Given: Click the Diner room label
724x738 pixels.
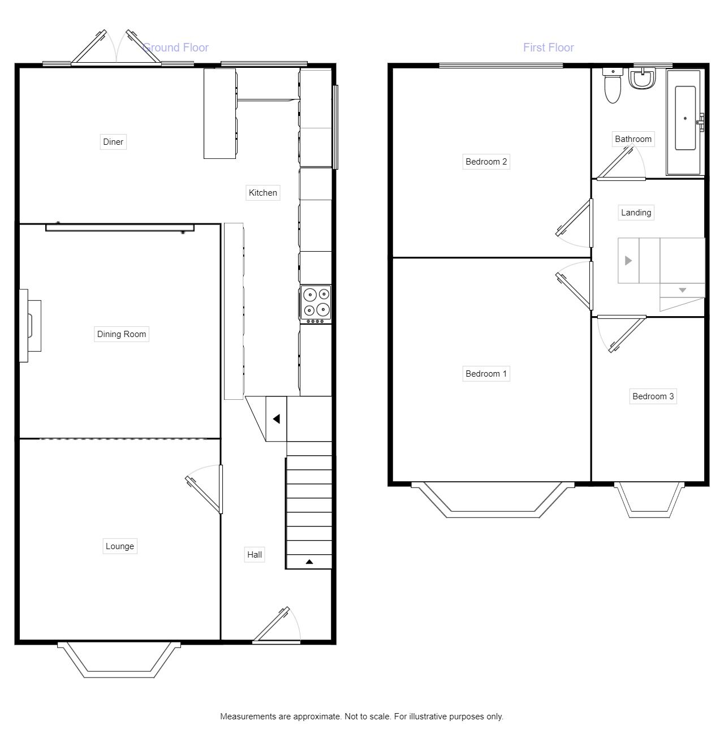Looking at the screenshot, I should [x=113, y=142].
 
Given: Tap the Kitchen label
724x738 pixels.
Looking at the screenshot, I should [x=263, y=193].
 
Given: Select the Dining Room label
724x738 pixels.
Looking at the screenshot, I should [x=122, y=334].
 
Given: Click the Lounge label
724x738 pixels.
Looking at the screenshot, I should [x=120, y=546].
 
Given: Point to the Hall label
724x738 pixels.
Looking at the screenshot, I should [x=255, y=555].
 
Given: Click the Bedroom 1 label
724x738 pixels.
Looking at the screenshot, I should [x=486, y=374].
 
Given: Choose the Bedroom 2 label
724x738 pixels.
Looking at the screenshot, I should [x=486, y=162].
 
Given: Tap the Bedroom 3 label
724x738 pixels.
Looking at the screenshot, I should [x=653, y=396].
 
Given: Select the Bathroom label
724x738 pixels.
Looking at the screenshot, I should [x=633, y=139].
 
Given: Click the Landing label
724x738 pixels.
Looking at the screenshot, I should [x=636, y=213].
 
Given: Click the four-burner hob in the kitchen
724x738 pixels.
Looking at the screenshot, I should [x=316, y=304].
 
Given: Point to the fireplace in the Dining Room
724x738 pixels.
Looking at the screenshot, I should [x=31, y=326].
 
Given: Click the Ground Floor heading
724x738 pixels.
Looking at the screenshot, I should [x=176, y=48].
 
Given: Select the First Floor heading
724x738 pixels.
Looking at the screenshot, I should [x=549, y=48].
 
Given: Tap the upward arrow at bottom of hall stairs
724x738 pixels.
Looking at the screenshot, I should [x=309, y=562].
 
